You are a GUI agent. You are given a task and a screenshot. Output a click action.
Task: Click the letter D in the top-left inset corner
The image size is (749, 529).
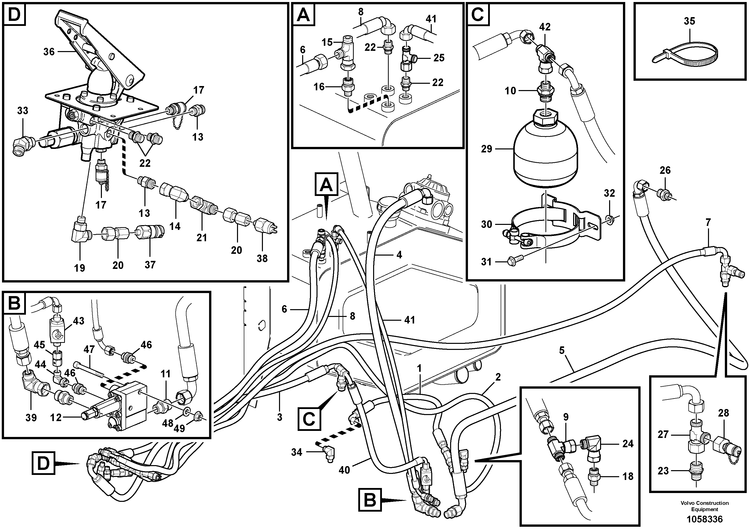click(14, 15)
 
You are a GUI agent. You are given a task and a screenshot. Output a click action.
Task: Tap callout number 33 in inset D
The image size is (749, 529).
click(22, 111)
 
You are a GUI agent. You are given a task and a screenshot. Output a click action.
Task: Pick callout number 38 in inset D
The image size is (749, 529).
click(262, 258)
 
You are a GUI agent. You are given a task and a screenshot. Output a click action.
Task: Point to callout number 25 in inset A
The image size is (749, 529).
click(439, 58)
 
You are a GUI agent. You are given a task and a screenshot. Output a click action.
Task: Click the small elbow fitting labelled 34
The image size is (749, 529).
click(327, 453)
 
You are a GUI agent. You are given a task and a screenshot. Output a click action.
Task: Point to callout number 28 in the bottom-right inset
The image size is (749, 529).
click(723, 413)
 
